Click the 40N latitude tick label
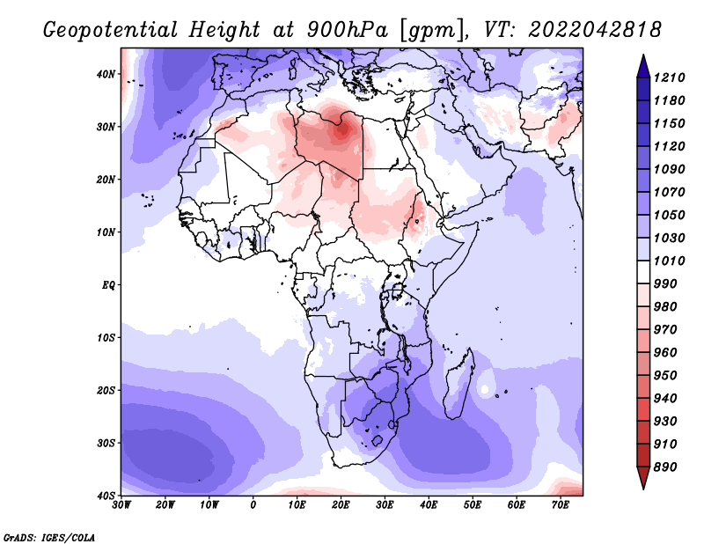[x=106, y=74]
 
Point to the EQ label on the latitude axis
[x=108, y=285]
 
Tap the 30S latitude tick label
[x=106, y=444]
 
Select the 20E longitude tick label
[x=341, y=505]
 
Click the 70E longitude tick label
[x=561, y=505]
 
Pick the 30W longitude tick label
[x=121, y=505]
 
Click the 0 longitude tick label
[x=253, y=505]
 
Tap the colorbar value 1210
[x=670, y=77]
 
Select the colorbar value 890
[x=665, y=467]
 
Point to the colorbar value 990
[x=665, y=284]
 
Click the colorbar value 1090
[x=670, y=169]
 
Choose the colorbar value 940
[x=665, y=399]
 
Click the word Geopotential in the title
[x=111, y=31]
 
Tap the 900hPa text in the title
[x=348, y=30]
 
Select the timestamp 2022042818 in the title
[x=595, y=30]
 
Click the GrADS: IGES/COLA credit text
[x=49, y=538]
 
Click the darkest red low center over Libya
[x=342, y=129]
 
